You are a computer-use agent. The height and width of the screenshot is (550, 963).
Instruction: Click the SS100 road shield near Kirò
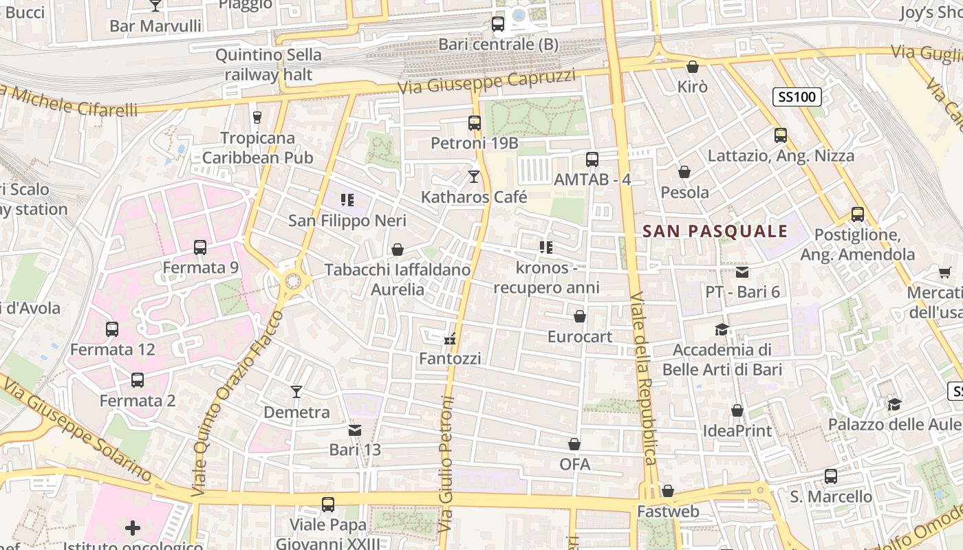click(797, 97)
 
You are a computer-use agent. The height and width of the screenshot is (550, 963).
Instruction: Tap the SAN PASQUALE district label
click(715, 231)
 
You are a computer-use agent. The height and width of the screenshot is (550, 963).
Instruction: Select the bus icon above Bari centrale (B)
click(498, 24)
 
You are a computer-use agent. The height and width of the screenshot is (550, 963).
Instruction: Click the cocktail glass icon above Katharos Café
click(473, 177)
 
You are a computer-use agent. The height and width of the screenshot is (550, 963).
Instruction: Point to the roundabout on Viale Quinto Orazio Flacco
click(294, 280)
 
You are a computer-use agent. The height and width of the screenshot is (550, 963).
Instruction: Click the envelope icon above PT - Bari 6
click(742, 272)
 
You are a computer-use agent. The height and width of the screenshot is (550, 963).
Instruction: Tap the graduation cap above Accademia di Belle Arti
click(722, 329)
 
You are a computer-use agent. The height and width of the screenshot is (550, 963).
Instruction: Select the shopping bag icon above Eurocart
click(580, 316)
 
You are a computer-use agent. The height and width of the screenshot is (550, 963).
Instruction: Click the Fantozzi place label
click(450, 358)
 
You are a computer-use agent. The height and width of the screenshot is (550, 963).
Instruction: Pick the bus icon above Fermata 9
click(200, 247)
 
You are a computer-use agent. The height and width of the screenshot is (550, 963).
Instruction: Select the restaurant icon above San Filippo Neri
click(347, 200)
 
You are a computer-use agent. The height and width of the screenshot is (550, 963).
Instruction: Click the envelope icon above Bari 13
click(355, 430)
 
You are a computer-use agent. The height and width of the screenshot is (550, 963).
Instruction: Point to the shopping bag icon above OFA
click(574, 444)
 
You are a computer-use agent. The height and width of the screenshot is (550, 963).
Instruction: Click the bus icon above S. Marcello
click(831, 476)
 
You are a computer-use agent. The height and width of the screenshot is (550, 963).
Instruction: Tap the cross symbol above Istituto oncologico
click(133, 528)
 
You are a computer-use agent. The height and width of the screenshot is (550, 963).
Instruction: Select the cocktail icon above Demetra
click(296, 392)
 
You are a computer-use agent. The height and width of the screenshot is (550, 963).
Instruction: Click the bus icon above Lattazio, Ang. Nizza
click(781, 135)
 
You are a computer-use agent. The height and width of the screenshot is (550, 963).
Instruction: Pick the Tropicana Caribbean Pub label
click(258, 147)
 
